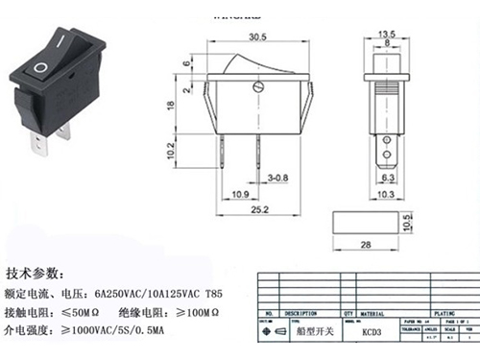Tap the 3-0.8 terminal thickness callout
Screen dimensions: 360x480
click(x=278, y=178)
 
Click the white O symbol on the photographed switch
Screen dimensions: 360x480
click(x=39, y=68)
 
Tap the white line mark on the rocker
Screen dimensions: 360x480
click(x=60, y=43)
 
